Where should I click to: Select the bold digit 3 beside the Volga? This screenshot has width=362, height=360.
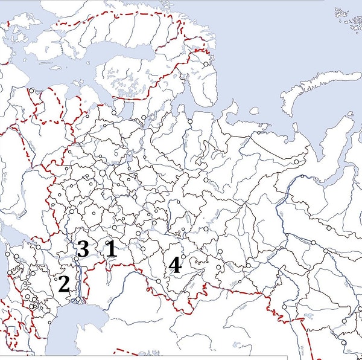point(83,248)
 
